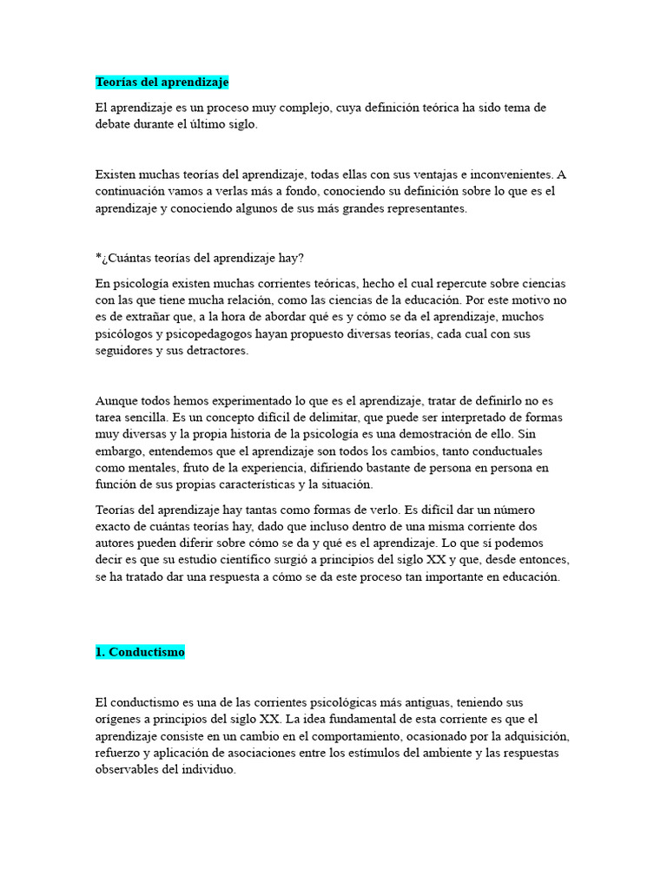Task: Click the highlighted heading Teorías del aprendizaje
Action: point(162,82)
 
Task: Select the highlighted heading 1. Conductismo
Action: point(140,652)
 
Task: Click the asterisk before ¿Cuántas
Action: point(98,258)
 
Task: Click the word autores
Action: point(115,544)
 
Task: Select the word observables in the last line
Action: point(127,770)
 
